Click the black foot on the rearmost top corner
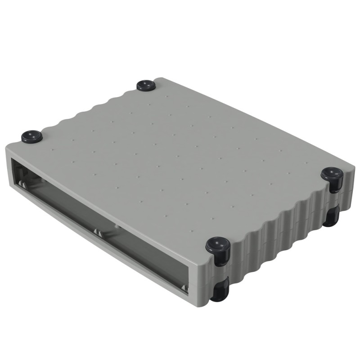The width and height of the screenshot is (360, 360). point(146,85)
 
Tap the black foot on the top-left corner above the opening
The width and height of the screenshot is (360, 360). point(31,136)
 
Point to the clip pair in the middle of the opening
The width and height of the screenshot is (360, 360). point(97,232)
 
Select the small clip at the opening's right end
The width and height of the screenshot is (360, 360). point(183,287)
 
